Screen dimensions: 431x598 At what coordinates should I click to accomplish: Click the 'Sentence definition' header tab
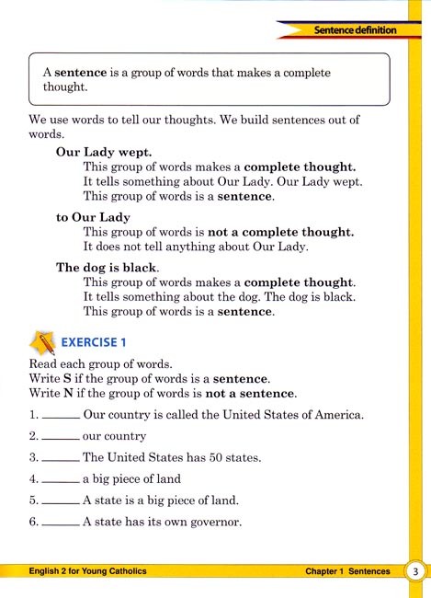pyautogui.click(x=354, y=30)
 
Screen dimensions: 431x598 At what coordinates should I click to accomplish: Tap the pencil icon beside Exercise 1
pyautogui.click(x=40, y=341)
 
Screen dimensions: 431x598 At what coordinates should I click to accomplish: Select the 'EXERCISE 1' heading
pyautogui.click(x=94, y=343)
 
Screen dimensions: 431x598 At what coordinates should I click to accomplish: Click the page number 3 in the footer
pyautogui.click(x=415, y=571)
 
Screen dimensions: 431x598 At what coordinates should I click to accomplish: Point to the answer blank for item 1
pyautogui.click(x=61, y=417)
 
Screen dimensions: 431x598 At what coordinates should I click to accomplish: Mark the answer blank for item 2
pyautogui.click(x=61, y=438)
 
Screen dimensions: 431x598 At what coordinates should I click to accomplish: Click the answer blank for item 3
pyautogui.click(x=61, y=459)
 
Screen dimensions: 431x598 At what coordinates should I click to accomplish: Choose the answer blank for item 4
pyautogui.click(x=61, y=480)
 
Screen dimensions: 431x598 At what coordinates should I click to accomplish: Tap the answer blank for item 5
pyautogui.click(x=61, y=502)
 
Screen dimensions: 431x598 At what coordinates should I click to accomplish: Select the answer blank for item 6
pyautogui.click(x=61, y=524)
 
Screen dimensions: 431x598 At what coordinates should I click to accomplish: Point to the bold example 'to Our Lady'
pyautogui.click(x=93, y=217)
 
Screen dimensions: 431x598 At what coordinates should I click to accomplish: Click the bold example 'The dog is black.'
pyautogui.click(x=108, y=267)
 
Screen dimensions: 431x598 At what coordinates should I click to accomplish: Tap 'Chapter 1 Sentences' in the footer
pyautogui.click(x=347, y=571)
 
